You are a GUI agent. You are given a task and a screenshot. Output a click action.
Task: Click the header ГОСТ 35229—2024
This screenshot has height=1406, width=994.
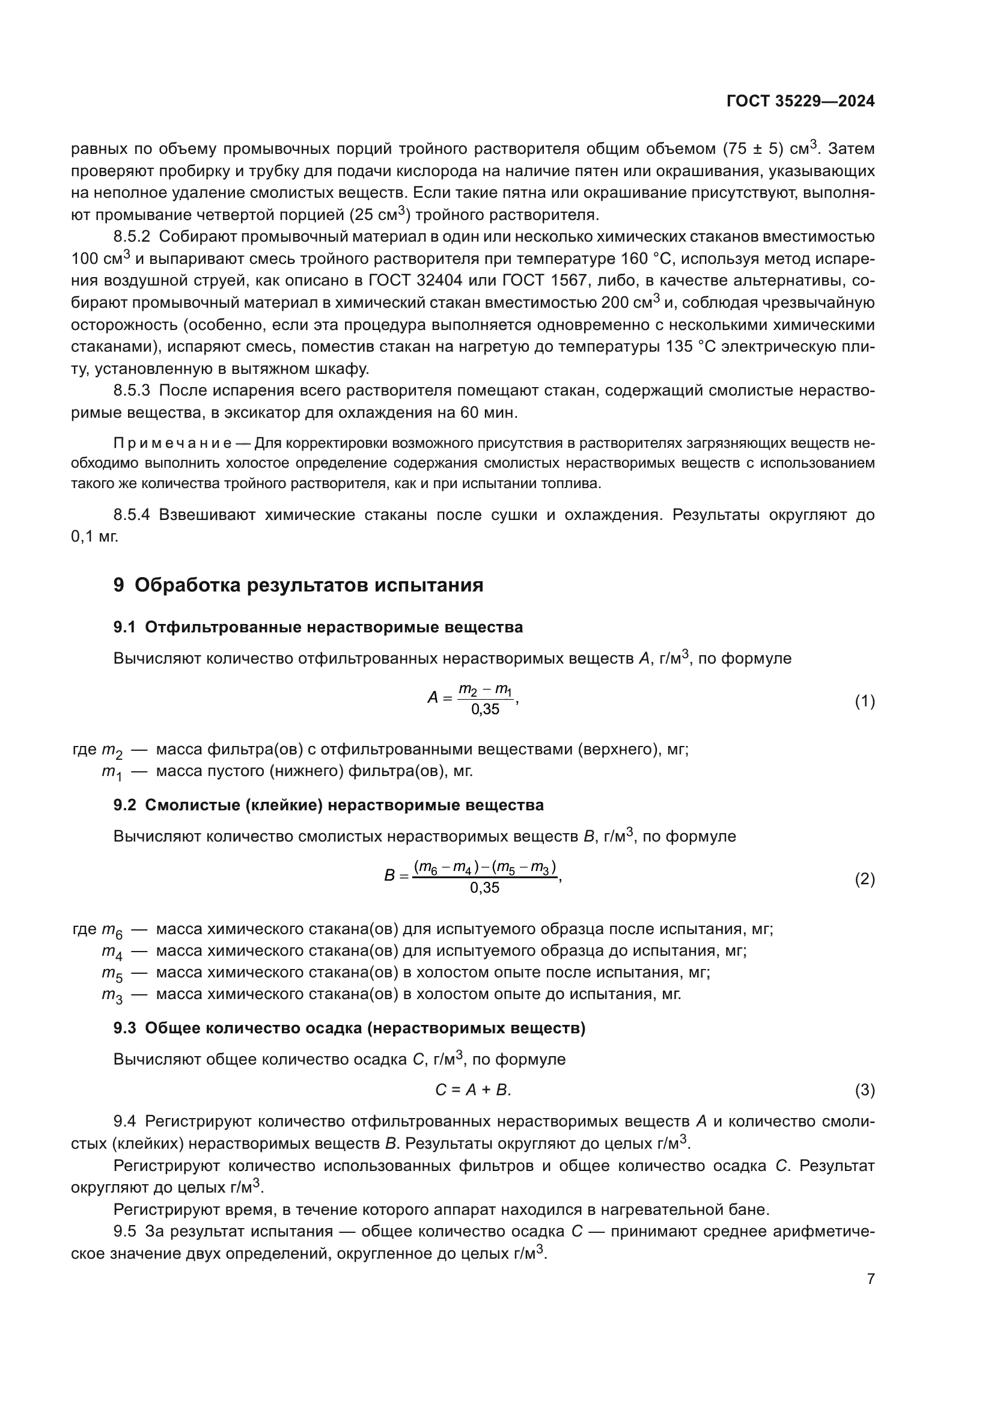[x=800, y=102]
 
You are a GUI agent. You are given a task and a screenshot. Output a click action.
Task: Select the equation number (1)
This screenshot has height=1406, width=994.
[x=864, y=701]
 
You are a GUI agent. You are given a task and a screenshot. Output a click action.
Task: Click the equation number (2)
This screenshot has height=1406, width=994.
[x=864, y=879]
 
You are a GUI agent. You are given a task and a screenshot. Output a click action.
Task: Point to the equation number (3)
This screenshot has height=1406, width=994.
[x=864, y=1090]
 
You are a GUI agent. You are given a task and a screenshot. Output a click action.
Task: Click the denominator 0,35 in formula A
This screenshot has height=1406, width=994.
[x=485, y=710]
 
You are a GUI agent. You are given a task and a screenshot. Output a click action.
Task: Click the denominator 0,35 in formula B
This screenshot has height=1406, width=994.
[x=485, y=888]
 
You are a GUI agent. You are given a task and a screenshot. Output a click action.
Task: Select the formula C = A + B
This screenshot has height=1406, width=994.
[x=472, y=1090]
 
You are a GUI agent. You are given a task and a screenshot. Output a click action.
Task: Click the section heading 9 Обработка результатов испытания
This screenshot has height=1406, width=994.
[x=299, y=585]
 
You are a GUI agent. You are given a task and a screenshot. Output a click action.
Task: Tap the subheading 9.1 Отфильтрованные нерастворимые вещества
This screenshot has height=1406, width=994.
[x=319, y=627]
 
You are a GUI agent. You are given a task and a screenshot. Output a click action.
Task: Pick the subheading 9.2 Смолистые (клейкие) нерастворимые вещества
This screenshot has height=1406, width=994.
[x=329, y=805]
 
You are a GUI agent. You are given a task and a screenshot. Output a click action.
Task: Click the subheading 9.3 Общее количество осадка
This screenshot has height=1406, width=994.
[x=350, y=1028]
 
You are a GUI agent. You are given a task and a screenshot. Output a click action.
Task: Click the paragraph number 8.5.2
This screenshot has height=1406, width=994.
[x=132, y=237]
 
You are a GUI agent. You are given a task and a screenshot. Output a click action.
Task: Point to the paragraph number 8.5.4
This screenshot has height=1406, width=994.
[x=132, y=515]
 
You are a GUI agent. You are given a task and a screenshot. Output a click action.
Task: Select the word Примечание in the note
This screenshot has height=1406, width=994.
[x=172, y=443]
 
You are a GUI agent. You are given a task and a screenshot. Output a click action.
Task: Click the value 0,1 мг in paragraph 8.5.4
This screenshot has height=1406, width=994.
[x=94, y=537]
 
